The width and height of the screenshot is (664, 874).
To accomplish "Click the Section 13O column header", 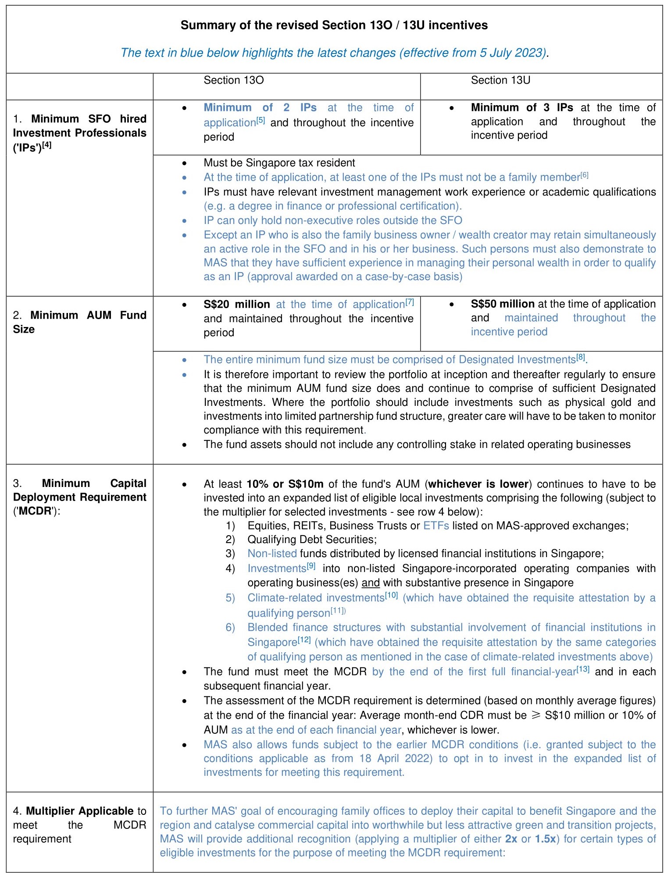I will (x=233, y=80).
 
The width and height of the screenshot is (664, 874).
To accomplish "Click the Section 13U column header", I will (x=500, y=80).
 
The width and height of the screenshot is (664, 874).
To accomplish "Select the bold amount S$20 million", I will (x=236, y=304).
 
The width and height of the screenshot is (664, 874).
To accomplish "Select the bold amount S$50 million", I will (x=502, y=304).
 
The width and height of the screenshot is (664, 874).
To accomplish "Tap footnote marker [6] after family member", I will (x=584, y=175).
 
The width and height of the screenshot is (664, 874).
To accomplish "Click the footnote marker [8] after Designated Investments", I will (x=580, y=357).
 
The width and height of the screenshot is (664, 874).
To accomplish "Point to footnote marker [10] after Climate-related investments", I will (x=391, y=595).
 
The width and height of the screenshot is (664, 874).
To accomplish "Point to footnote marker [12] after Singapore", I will (x=304, y=640).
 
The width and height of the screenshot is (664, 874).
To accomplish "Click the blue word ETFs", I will (x=436, y=526).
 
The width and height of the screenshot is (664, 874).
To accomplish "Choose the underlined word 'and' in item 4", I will (x=371, y=583).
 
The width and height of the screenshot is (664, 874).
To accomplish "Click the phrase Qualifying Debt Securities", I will (x=312, y=540).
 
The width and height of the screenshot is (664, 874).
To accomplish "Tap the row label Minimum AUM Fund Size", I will (x=79, y=322).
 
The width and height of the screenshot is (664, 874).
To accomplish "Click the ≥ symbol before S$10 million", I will (x=535, y=715).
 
